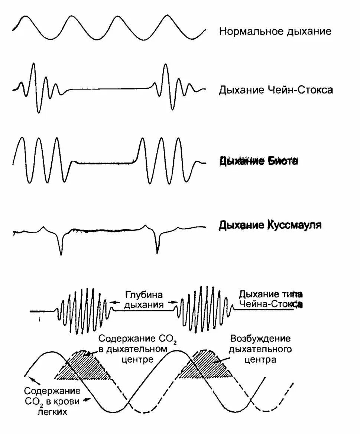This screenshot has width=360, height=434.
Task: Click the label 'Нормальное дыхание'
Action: click(x=275, y=31)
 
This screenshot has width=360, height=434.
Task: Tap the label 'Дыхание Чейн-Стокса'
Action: click(x=276, y=90)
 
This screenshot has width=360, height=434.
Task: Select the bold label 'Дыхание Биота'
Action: click(x=259, y=161)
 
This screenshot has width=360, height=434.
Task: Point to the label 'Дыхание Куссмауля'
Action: click(x=270, y=225)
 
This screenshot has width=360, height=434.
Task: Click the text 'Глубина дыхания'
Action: click(x=144, y=300)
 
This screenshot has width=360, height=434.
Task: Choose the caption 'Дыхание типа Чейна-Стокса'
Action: click(x=271, y=299)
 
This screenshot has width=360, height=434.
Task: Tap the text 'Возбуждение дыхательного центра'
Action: click(x=260, y=349)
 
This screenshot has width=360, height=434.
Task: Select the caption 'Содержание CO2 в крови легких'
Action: click(x=52, y=401)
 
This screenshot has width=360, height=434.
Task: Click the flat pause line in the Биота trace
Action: click(x=104, y=162)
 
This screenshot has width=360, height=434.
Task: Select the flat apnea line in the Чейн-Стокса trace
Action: click(x=108, y=89)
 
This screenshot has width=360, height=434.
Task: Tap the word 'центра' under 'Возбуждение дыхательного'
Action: click(x=260, y=359)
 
